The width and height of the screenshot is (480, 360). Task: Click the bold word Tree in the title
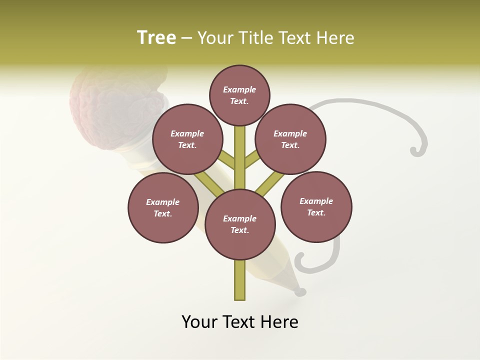(x=156, y=38)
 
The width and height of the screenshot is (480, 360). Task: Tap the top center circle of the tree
(x=239, y=95)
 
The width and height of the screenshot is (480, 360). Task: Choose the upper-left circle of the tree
(x=187, y=139)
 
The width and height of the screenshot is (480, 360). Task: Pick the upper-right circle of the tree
(x=290, y=139)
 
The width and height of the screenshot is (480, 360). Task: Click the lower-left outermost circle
(x=163, y=207)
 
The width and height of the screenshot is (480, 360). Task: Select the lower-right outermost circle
(x=316, y=206)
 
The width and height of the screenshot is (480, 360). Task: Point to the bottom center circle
(x=240, y=224)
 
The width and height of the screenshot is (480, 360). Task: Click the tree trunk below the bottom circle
(x=240, y=280)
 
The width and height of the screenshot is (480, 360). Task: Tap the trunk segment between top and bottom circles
(x=240, y=157)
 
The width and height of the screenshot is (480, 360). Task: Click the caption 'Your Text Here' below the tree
(x=240, y=322)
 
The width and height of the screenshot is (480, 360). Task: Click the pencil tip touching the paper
(x=300, y=291)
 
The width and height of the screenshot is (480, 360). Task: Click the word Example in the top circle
(x=239, y=89)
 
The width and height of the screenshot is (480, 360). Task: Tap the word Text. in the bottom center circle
(x=239, y=230)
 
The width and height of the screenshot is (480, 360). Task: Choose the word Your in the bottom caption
(x=200, y=322)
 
